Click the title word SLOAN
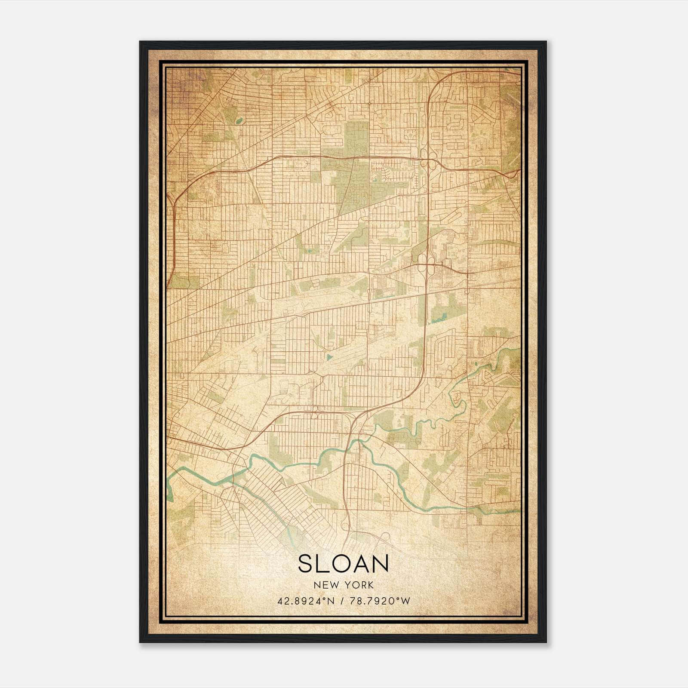point(343,564)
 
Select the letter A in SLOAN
point(363,564)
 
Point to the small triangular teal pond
point(329,356)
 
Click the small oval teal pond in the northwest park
point(239,121)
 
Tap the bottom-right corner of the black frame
point(546,642)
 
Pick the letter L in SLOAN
point(322,564)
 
